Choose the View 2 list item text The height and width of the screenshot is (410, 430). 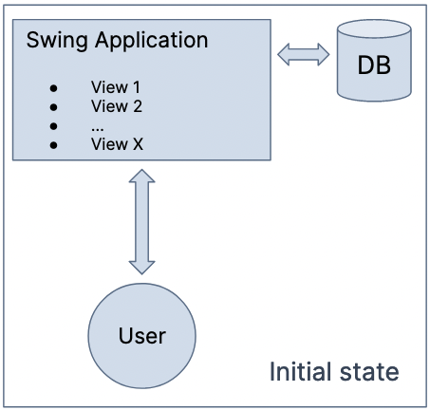point(116,105)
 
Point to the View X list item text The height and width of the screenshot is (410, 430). point(116,143)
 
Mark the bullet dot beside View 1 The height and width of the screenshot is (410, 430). point(52,87)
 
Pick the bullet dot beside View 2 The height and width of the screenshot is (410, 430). point(52,106)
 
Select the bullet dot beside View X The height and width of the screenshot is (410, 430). point(52,144)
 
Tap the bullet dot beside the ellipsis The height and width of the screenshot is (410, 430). point(52,125)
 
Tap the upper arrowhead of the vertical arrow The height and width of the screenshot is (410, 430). point(141,177)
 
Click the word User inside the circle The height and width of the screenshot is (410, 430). point(141,336)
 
